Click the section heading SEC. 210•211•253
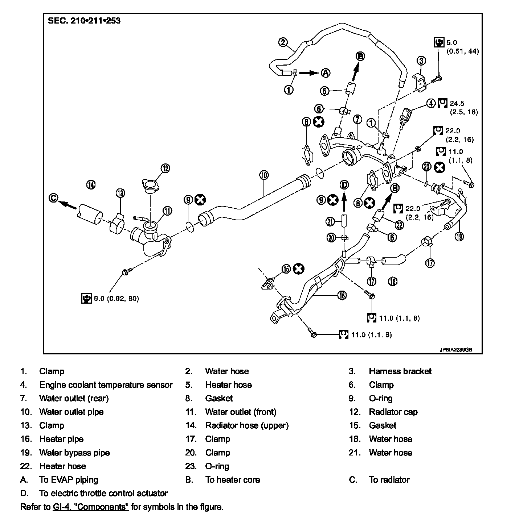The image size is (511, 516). [84, 21]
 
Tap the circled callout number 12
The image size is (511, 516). [165, 168]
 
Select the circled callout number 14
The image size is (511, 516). [91, 185]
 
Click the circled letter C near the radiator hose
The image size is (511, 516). [53, 198]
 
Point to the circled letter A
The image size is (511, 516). [326, 72]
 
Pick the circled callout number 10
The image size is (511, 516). [264, 175]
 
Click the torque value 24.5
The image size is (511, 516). [457, 103]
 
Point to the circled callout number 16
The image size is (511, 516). [342, 295]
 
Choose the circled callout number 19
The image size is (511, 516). [459, 236]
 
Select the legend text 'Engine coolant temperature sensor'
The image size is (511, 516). [106, 385]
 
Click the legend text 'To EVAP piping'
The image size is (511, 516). [69, 480]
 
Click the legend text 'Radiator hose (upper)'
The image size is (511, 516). [247, 425]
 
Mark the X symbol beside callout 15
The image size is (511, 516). [299, 269]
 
